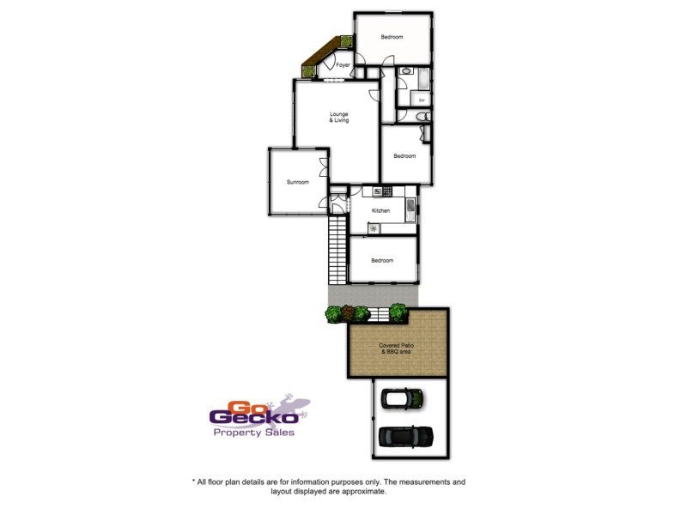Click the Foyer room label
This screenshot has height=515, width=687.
(343, 65)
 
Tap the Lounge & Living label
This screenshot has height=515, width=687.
(339, 118)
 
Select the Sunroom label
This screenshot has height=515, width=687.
(297, 182)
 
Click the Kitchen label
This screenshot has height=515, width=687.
(380, 210)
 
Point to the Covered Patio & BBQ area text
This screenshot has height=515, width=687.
(398, 348)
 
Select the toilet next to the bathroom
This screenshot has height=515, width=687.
(419, 116)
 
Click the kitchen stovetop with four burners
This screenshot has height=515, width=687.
(387, 191)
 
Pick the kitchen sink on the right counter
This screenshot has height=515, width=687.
(410, 207)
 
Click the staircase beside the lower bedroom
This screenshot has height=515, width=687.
(337, 251)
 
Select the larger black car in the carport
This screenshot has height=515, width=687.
(405, 436)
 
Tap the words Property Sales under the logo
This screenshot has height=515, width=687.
(253, 433)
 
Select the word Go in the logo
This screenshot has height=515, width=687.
(243, 406)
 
